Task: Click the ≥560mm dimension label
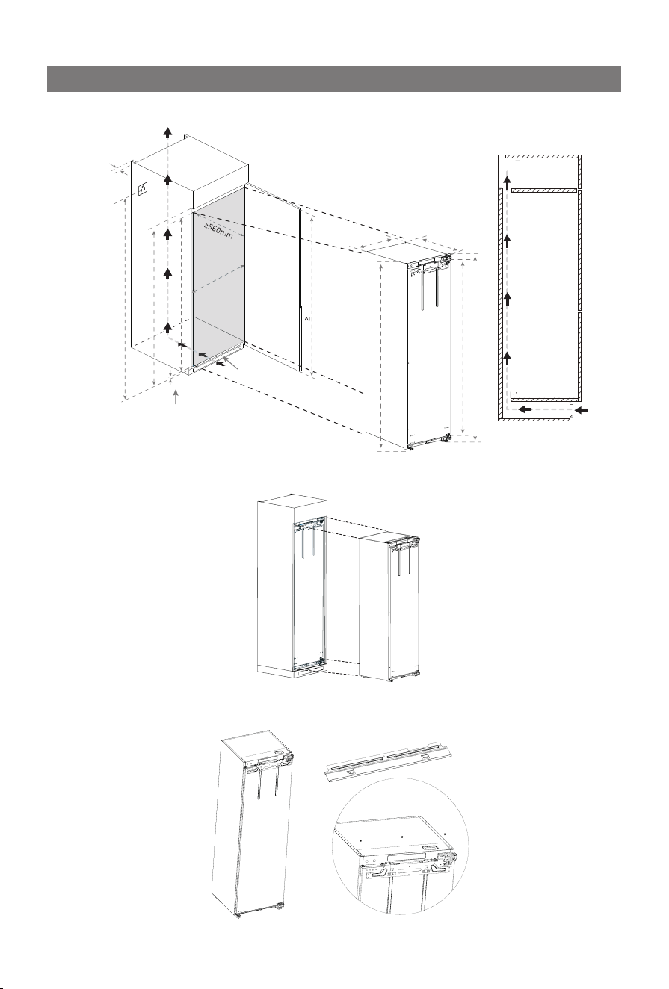click(218, 231)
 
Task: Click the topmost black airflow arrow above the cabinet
click(167, 131)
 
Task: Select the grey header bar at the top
click(334, 78)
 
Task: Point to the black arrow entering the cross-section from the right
click(582, 410)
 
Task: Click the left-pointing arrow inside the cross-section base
click(525, 409)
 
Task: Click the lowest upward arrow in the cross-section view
click(508, 358)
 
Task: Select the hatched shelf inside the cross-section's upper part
click(545, 190)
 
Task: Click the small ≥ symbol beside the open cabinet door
click(305, 318)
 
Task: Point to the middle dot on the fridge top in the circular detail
click(402, 836)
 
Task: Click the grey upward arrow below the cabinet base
click(176, 396)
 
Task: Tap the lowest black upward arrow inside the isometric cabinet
click(167, 326)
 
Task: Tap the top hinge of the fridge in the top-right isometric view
click(447, 260)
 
